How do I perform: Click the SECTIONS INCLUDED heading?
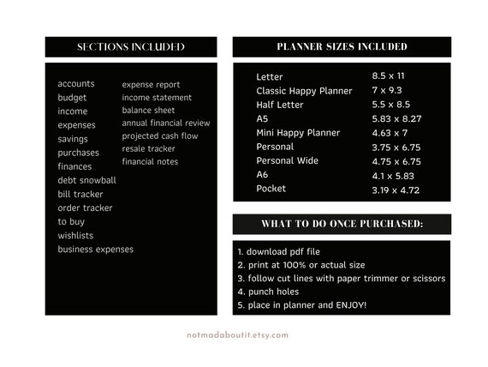pyautogui.click(x=130, y=47)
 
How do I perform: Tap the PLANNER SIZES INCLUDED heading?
pyautogui.click(x=342, y=47)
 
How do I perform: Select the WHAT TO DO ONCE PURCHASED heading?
pyautogui.click(x=342, y=225)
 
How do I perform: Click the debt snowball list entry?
pyautogui.click(x=86, y=181)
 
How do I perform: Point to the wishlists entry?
pyautogui.click(x=75, y=236)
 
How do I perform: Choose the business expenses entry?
pyautogui.click(x=95, y=250)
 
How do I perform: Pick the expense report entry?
pyautogui.click(x=151, y=85)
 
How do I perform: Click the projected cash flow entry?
pyautogui.click(x=159, y=136)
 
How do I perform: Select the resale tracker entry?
pyautogui.click(x=148, y=149)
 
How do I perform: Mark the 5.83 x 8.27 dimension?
pyautogui.click(x=396, y=119)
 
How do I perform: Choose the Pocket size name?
pyautogui.click(x=271, y=189)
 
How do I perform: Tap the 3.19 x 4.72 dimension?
pyautogui.click(x=396, y=190)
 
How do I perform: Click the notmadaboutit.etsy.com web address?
pyautogui.click(x=237, y=336)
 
